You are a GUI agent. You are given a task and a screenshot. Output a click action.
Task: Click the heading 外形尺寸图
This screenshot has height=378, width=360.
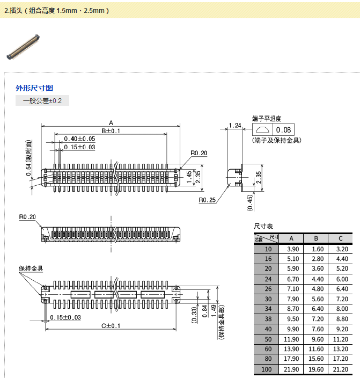[34, 88]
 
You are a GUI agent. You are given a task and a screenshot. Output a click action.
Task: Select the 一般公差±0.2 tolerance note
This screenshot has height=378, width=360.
[42, 101]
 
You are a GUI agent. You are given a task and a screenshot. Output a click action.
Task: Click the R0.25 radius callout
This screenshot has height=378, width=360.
[207, 200]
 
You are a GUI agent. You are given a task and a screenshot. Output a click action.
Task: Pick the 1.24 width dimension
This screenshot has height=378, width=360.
[234, 126]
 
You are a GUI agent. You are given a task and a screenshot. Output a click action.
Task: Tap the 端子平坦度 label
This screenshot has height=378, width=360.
[267, 118]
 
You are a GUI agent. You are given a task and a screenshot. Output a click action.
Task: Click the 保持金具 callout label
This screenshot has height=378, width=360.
[31, 268]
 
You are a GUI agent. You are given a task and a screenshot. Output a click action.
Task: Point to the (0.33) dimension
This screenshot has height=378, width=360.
[194, 314]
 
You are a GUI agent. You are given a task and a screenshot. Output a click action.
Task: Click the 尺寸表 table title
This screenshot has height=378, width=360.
[263, 226]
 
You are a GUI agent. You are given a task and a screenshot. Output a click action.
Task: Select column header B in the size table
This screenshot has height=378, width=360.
[316, 239]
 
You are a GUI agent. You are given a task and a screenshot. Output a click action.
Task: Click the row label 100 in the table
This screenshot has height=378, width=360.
[267, 369]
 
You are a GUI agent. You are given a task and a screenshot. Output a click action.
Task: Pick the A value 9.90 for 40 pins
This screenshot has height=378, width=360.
[293, 329]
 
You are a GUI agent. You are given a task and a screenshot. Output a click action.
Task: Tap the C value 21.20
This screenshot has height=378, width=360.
[341, 369]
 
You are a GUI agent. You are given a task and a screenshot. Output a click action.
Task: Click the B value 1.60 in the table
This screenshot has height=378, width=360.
[317, 249]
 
